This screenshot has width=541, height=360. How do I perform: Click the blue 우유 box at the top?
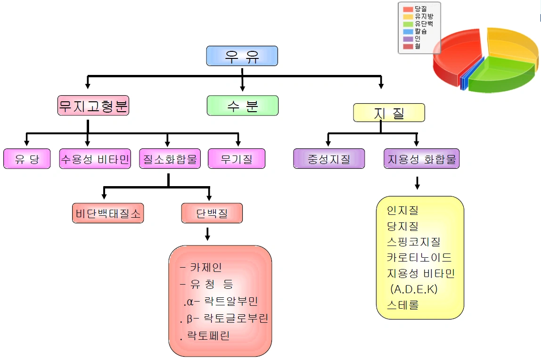242,56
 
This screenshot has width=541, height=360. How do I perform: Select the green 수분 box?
243,106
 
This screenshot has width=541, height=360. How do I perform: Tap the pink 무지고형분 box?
93,106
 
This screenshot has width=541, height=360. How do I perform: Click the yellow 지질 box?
389,113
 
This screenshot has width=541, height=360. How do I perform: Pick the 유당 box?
27,159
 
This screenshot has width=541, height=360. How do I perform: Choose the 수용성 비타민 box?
95,159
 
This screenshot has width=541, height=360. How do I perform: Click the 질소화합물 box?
170,159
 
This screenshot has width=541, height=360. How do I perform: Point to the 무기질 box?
237,159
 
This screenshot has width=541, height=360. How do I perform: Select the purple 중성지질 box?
329,159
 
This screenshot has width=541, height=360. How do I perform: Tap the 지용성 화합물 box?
422,159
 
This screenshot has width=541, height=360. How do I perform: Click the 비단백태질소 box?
108,213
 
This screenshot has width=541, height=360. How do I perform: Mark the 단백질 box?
212,213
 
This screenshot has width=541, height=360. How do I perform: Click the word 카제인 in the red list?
206,267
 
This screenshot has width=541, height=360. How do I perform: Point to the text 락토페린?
208,335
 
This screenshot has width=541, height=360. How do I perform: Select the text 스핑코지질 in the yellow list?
413,242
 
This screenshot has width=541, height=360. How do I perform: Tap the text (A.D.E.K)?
414,289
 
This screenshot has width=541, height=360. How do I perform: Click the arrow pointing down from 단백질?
207,233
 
